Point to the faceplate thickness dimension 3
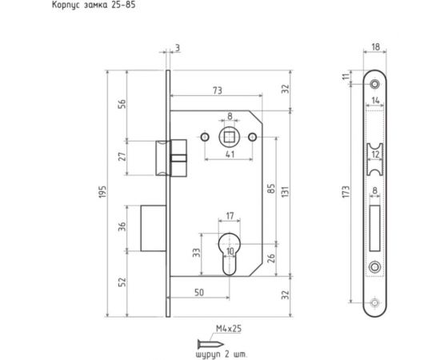pos(177,50)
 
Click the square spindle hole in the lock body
pos(229,136)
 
